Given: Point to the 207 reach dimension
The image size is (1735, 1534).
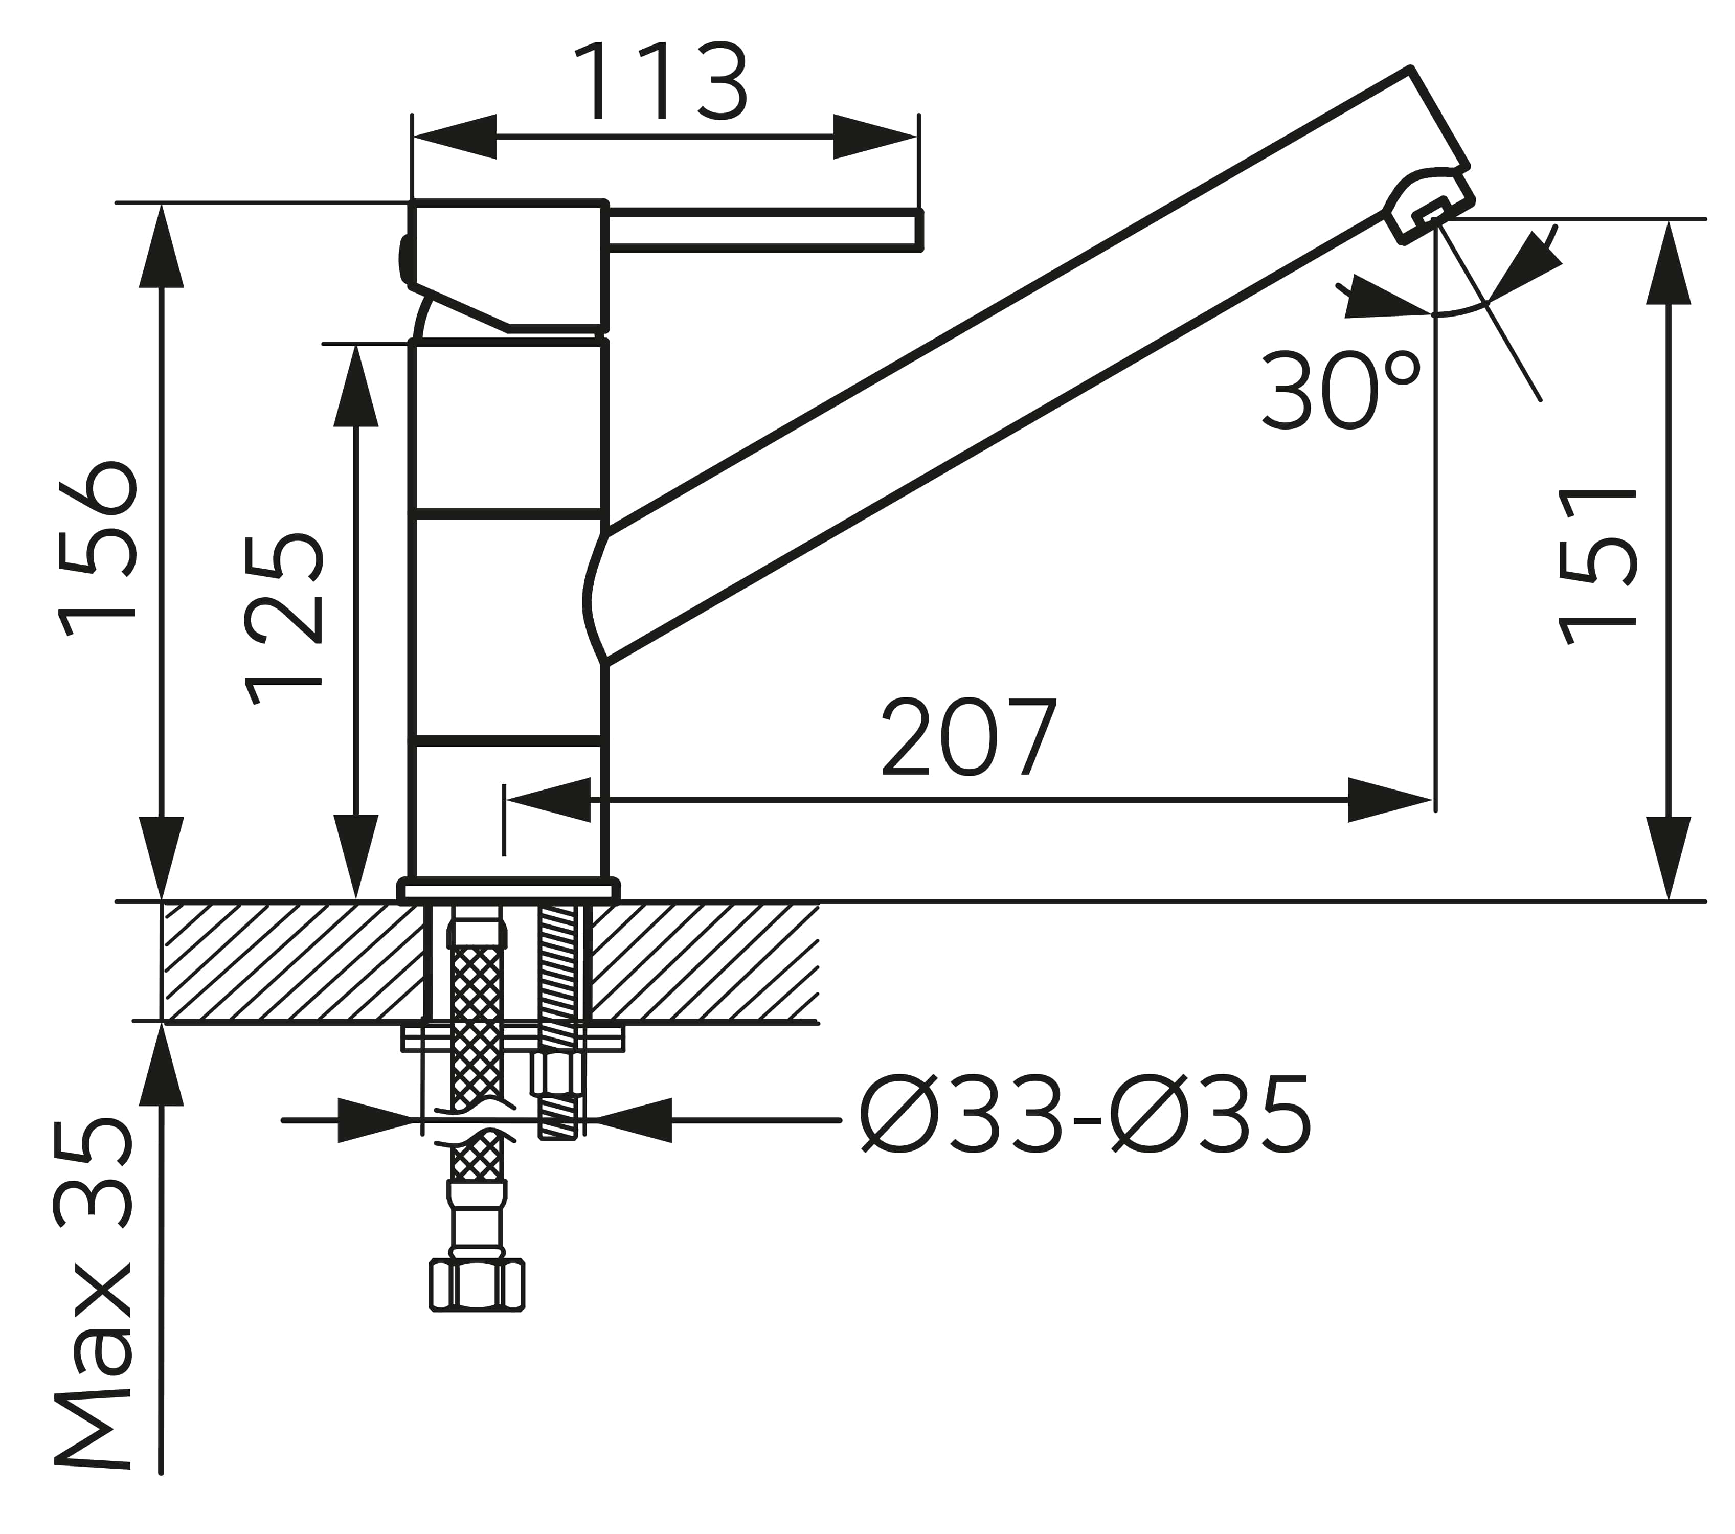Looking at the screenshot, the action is coord(970,737).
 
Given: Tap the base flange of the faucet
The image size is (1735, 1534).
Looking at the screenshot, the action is coord(508,890).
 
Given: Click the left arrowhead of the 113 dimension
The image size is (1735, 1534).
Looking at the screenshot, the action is coord(453,136).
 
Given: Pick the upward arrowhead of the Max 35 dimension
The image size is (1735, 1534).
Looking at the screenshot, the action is coord(161,1063).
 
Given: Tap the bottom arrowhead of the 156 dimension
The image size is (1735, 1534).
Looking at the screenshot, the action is coord(161,858).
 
